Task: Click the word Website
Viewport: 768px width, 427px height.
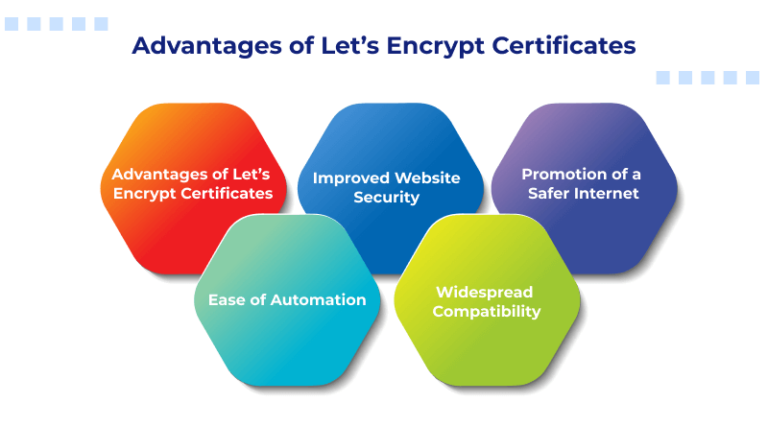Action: (424, 178)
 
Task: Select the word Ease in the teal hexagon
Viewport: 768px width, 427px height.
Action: (225, 299)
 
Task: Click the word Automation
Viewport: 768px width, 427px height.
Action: (313, 299)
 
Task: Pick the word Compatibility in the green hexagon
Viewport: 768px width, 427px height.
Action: (487, 311)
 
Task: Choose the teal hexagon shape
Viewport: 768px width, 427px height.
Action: (287, 345)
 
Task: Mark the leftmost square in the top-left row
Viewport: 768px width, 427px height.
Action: (11, 24)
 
